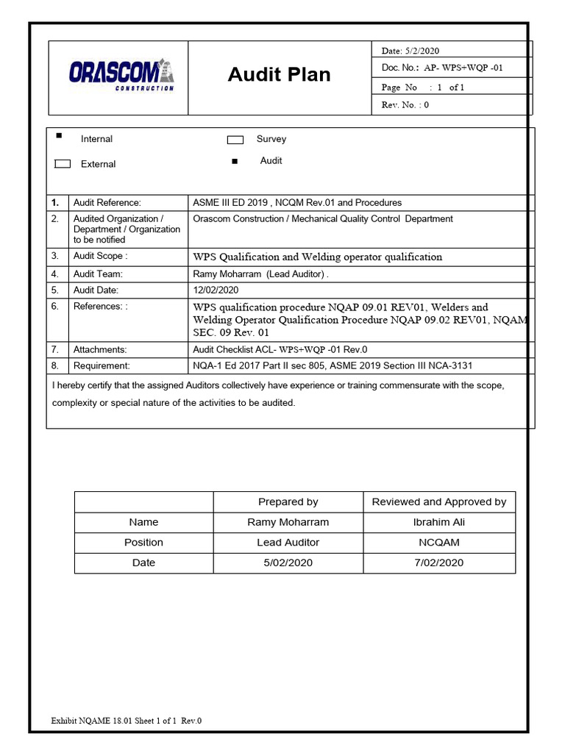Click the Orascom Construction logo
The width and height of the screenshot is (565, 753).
pyautogui.click(x=121, y=74)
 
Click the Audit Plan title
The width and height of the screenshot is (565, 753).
pyautogui.click(x=279, y=74)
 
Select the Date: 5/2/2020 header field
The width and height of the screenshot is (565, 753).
pyautogui.click(x=410, y=51)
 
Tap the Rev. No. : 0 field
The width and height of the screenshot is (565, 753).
pyautogui.click(x=405, y=105)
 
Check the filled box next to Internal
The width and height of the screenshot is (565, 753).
pyautogui.click(x=60, y=136)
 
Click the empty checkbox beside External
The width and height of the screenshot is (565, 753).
pyautogui.click(x=63, y=164)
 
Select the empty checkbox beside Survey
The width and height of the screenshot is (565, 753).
pyautogui.click(x=235, y=140)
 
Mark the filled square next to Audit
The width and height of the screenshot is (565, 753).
pyautogui.click(x=235, y=161)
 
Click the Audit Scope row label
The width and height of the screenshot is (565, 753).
pyautogui.click(x=100, y=256)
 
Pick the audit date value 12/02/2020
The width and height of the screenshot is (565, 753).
pyautogui.click(x=216, y=290)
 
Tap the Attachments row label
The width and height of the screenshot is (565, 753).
pyautogui.click(x=100, y=350)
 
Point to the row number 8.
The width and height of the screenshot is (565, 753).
pyautogui.click(x=54, y=365)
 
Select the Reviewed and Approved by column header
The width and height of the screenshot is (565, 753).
pyautogui.click(x=438, y=502)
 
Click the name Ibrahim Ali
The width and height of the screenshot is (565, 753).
pyautogui.click(x=438, y=522)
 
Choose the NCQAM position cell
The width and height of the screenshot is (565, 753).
pyautogui.click(x=438, y=543)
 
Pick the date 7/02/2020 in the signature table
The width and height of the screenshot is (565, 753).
pyautogui.click(x=438, y=563)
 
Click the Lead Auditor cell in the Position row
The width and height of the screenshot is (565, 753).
pyautogui.click(x=288, y=543)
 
